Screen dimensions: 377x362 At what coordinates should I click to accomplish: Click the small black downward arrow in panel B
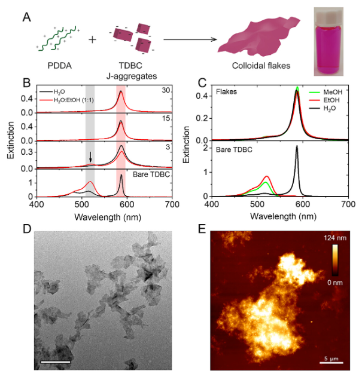[90, 157]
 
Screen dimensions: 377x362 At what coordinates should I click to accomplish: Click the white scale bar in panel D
[57, 362]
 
